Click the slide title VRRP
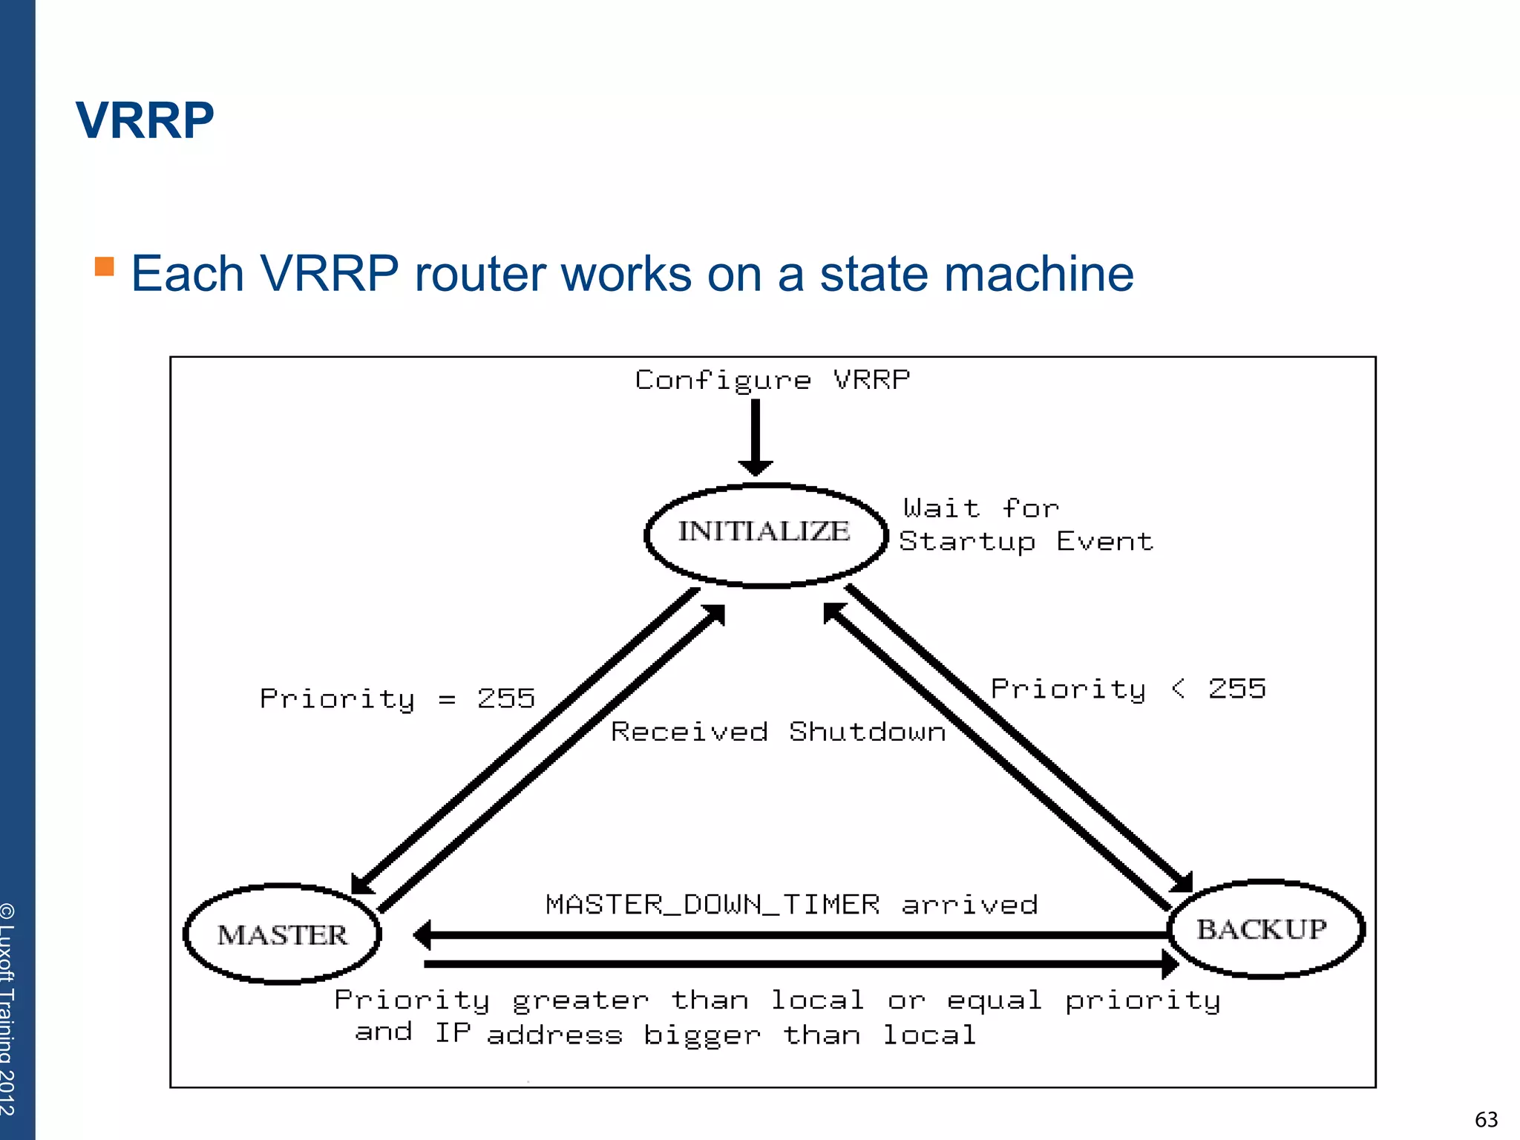tap(145, 120)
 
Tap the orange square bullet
tap(105, 266)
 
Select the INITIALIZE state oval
tap(765, 534)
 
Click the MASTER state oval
tap(282, 934)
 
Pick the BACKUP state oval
tap(1264, 929)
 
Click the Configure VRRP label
tap(772, 380)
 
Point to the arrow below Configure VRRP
tap(756, 438)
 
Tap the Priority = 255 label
tap(397, 699)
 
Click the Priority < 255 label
tap(1128, 689)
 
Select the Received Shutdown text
tap(778, 732)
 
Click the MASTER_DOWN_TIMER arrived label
tap(791, 905)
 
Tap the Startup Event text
tap(1026, 542)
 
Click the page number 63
tap(1486, 1119)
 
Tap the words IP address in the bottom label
tap(528, 1034)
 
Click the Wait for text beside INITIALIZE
tap(980, 508)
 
